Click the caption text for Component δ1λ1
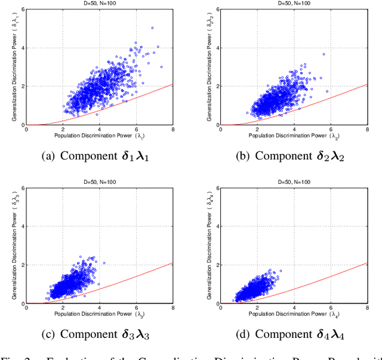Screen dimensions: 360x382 pyautogui.click(x=95, y=156)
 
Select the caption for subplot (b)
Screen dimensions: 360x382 pyautogui.click(x=291, y=156)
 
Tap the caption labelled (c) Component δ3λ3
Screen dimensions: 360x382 pyautogui.click(x=95, y=334)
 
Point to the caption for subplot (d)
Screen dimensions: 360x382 pyautogui.click(x=291, y=334)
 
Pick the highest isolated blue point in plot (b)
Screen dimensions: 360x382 pyautogui.click(x=324, y=54)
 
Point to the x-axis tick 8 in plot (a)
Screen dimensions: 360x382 pyautogui.click(x=172, y=130)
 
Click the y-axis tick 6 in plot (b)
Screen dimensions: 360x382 pyautogui.click(x=217, y=9)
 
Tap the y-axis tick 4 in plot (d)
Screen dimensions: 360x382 pyautogui.click(x=217, y=226)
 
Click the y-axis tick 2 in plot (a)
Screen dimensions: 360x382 pyautogui.click(x=21, y=86)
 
